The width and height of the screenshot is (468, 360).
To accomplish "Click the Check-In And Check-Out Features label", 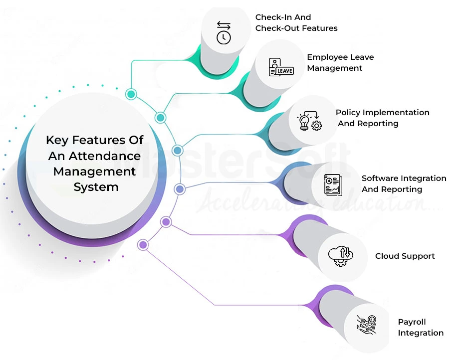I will pos(296,23).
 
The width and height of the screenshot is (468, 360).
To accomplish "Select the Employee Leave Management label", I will pos(340,62).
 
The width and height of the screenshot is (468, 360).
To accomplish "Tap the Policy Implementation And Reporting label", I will pos(382,118).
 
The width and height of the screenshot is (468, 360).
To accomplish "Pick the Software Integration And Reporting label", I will pos(404,183).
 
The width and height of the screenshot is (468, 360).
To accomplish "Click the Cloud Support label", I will pos(405,256).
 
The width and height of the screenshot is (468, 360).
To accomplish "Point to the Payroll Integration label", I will pos(420,327).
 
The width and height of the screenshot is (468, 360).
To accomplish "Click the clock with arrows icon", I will pos(224,32).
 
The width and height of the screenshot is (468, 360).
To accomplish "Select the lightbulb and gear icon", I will pos(309,121).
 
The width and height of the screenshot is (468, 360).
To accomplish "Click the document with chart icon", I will pos(333,184).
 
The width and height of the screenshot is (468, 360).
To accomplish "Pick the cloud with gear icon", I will pos(340,256).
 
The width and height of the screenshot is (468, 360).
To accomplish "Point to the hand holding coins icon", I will pos(367,324).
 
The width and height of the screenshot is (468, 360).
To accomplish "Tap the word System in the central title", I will pos(96,187).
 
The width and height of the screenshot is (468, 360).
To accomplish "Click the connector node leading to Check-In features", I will pos(131,94).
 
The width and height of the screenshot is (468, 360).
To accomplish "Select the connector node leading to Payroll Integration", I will pos(144,245).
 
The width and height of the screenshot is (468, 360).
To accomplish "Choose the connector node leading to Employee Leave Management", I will pos(160,118).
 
